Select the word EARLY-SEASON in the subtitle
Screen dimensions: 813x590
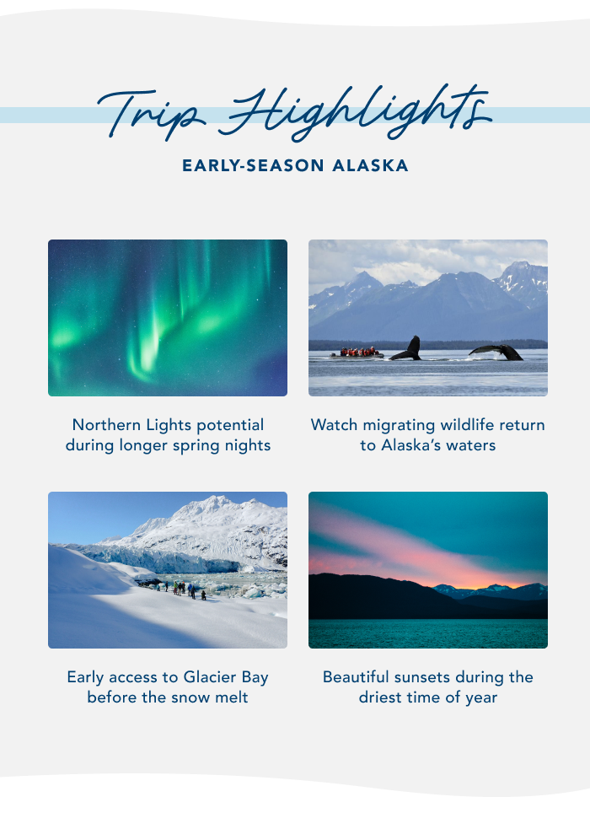[x=253, y=166]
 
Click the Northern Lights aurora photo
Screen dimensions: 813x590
[x=168, y=318]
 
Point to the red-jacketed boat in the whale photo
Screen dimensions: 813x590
[x=357, y=353]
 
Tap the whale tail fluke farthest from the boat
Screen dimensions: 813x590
[x=497, y=351]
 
